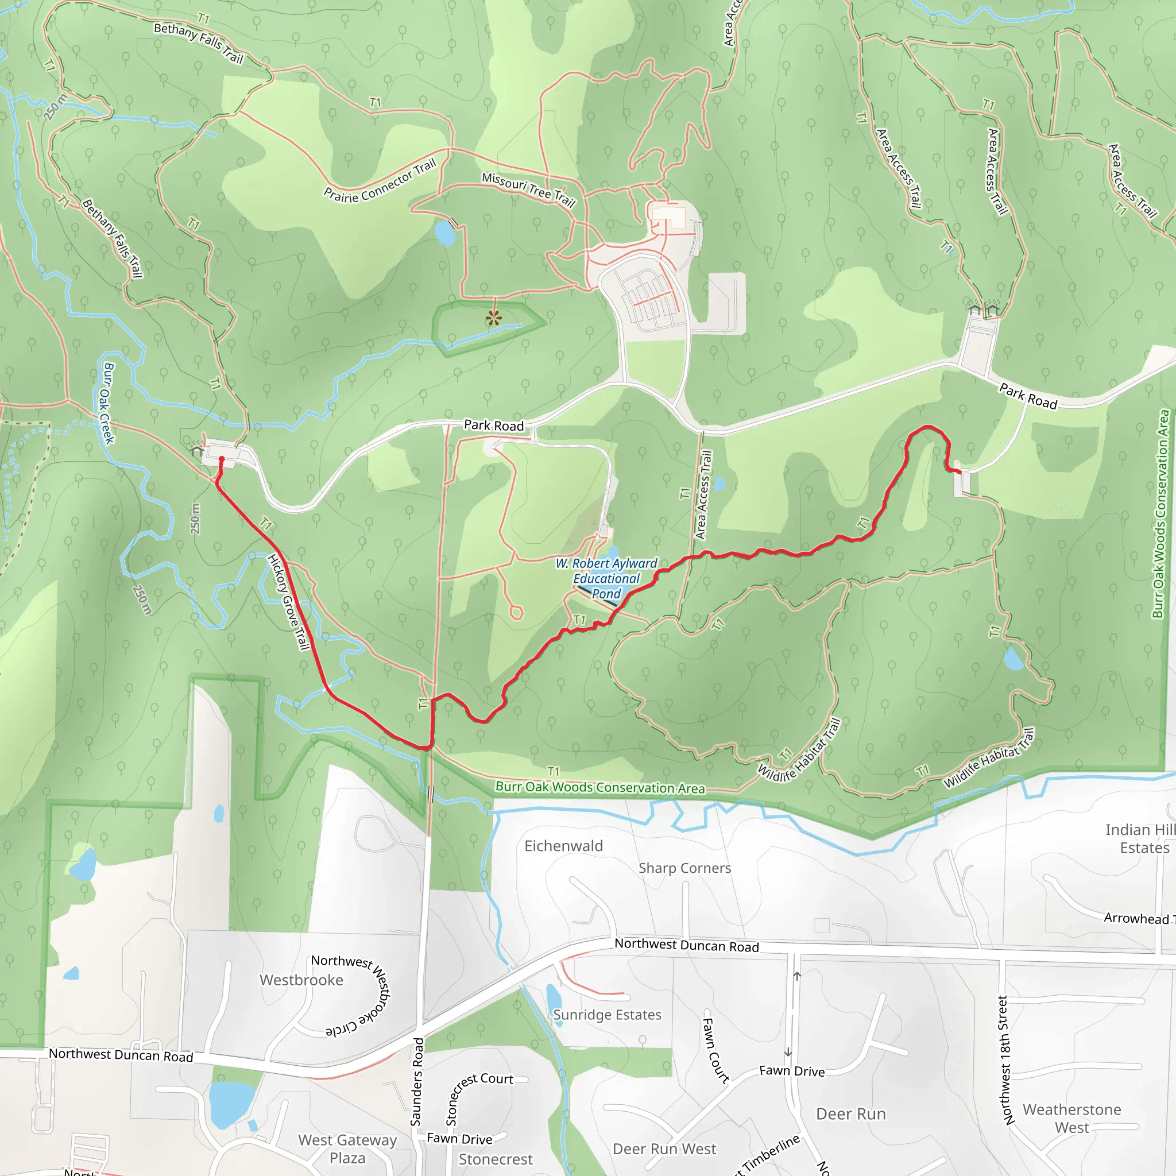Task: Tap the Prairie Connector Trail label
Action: click(x=380, y=181)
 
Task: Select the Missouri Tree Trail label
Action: click(x=528, y=189)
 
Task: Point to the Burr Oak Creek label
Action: click(x=109, y=403)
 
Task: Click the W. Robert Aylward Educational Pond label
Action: click(x=606, y=578)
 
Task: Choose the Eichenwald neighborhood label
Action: click(x=564, y=846)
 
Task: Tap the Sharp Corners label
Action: click(x=685, y=868)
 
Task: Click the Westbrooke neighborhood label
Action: click(x=301, y=980)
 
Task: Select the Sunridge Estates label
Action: click(x=607, y=1015)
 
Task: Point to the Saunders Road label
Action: click(x=417, y=1082)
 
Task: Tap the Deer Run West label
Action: click(x=664, y=1148)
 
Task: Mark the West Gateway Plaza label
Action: click(x=347, y=1148)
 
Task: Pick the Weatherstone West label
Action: click(x=1072, y=1118)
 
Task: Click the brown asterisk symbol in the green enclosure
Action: click(x=494, y=318)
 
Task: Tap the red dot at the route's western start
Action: click(x=222, y=459)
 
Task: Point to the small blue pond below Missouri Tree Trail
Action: click(x=445, y=234)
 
